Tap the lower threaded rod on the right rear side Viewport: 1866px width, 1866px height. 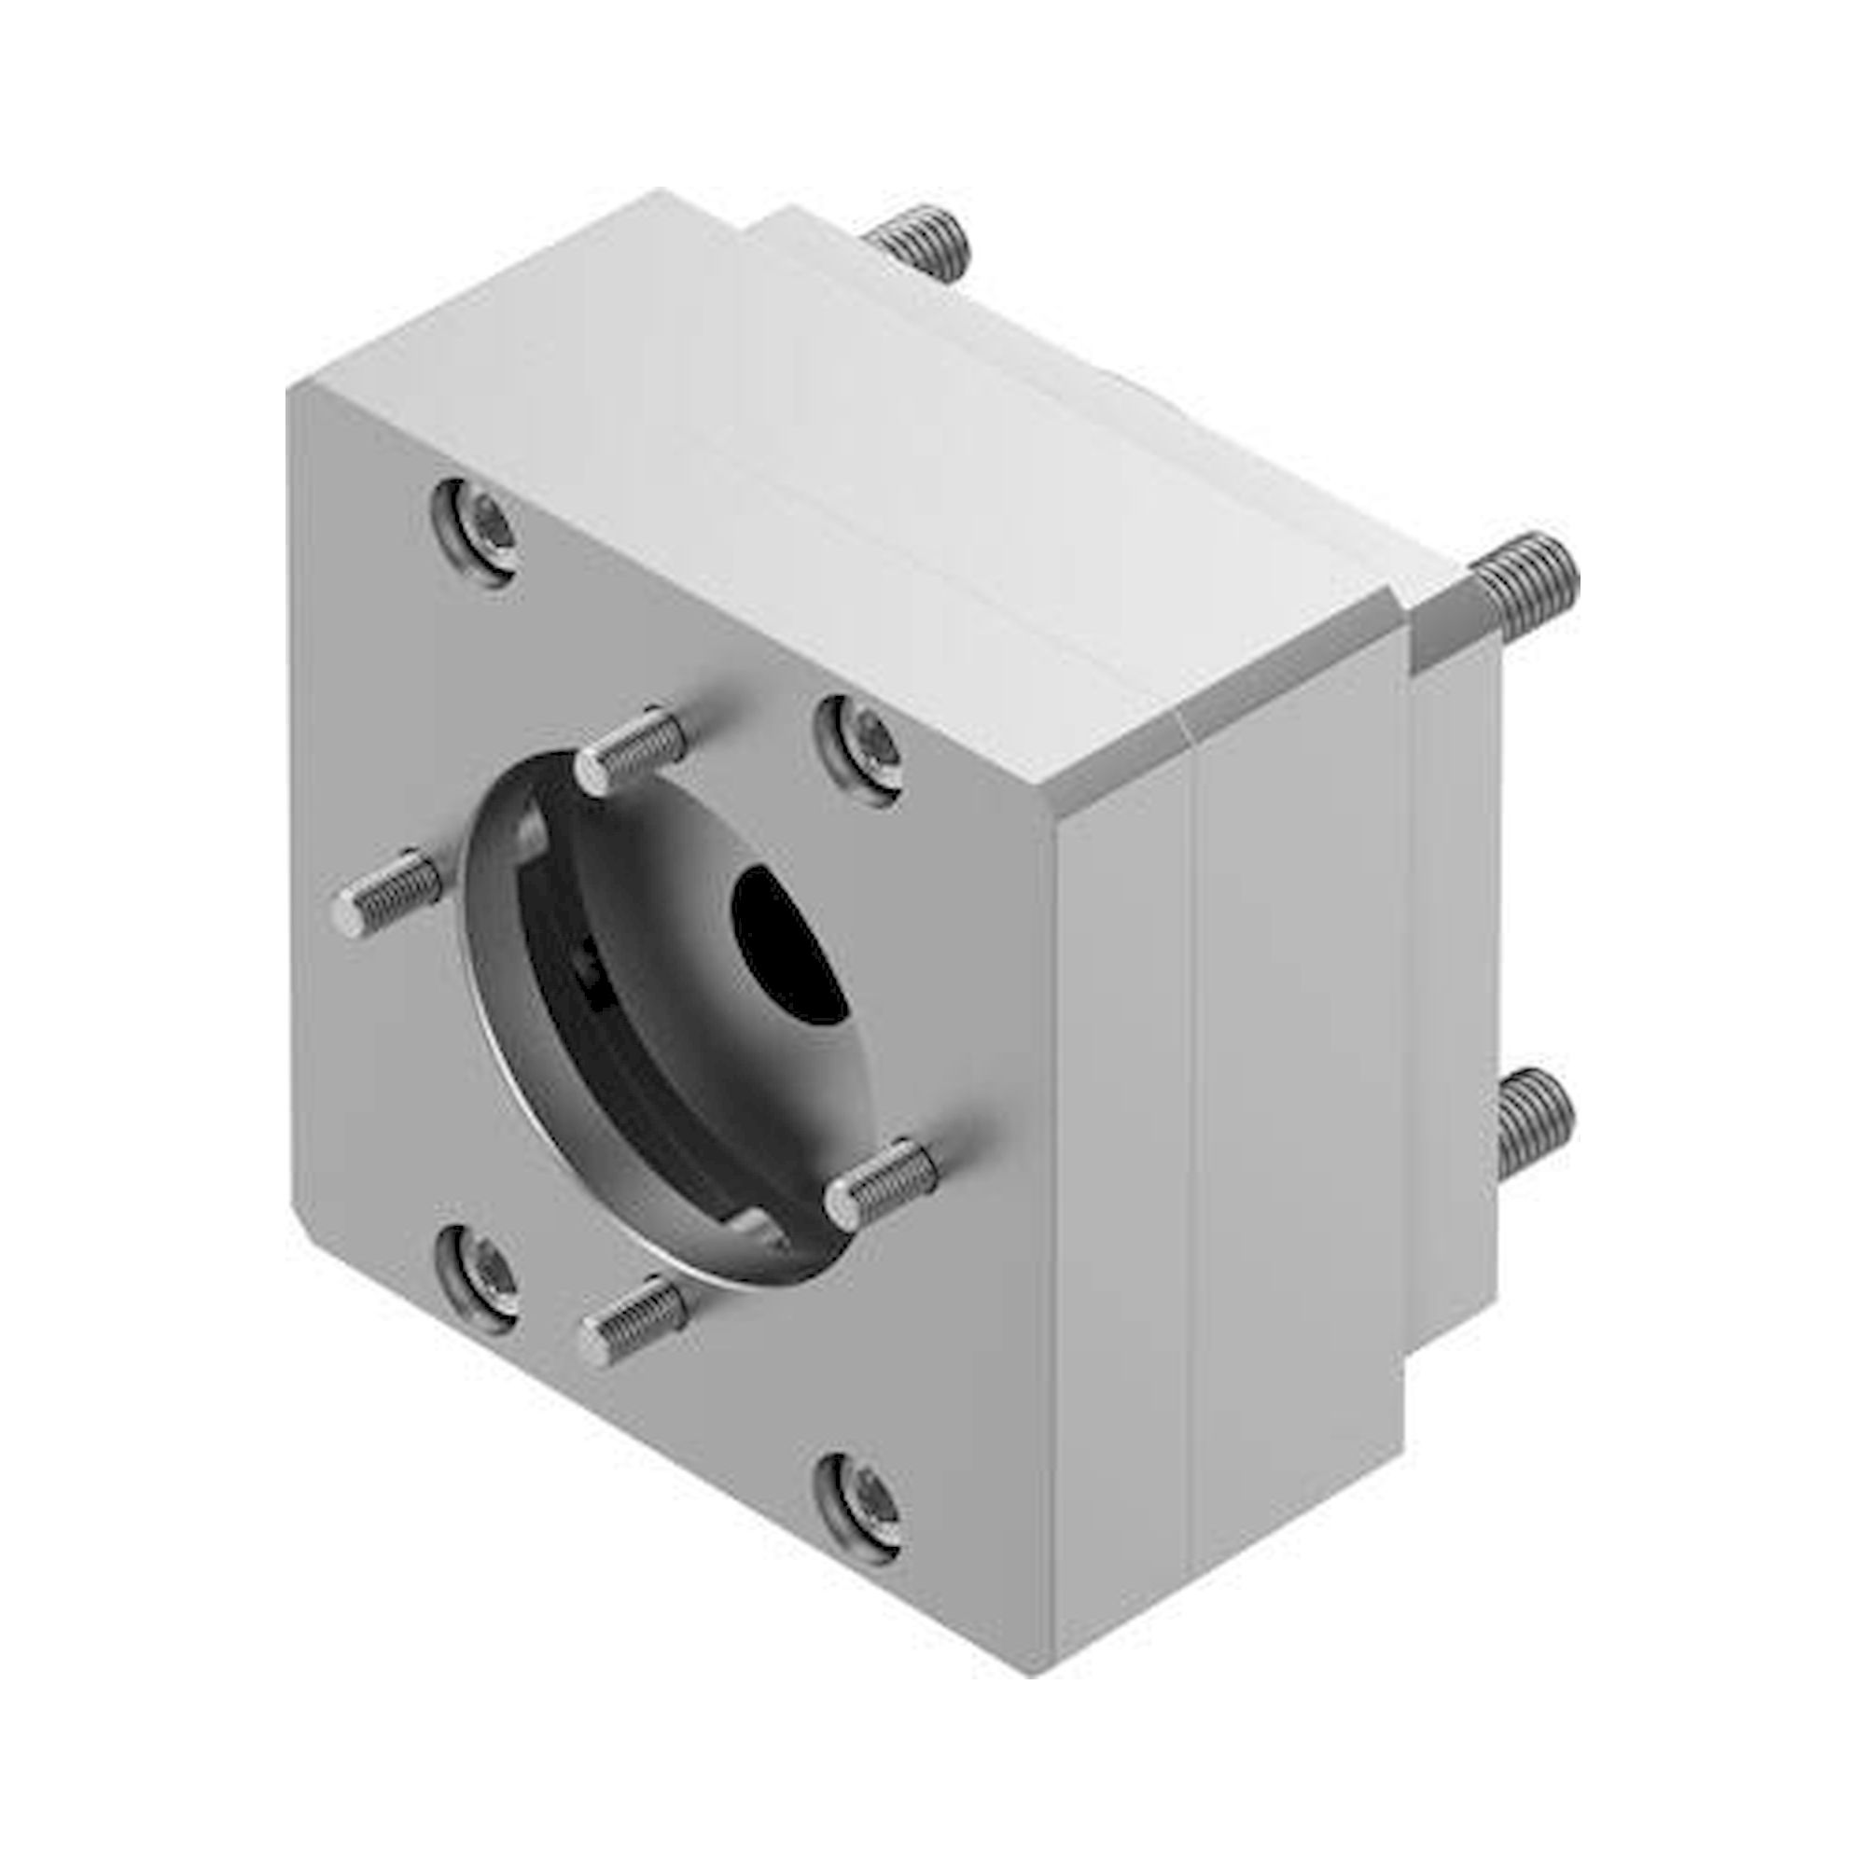click(1534, 1121)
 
